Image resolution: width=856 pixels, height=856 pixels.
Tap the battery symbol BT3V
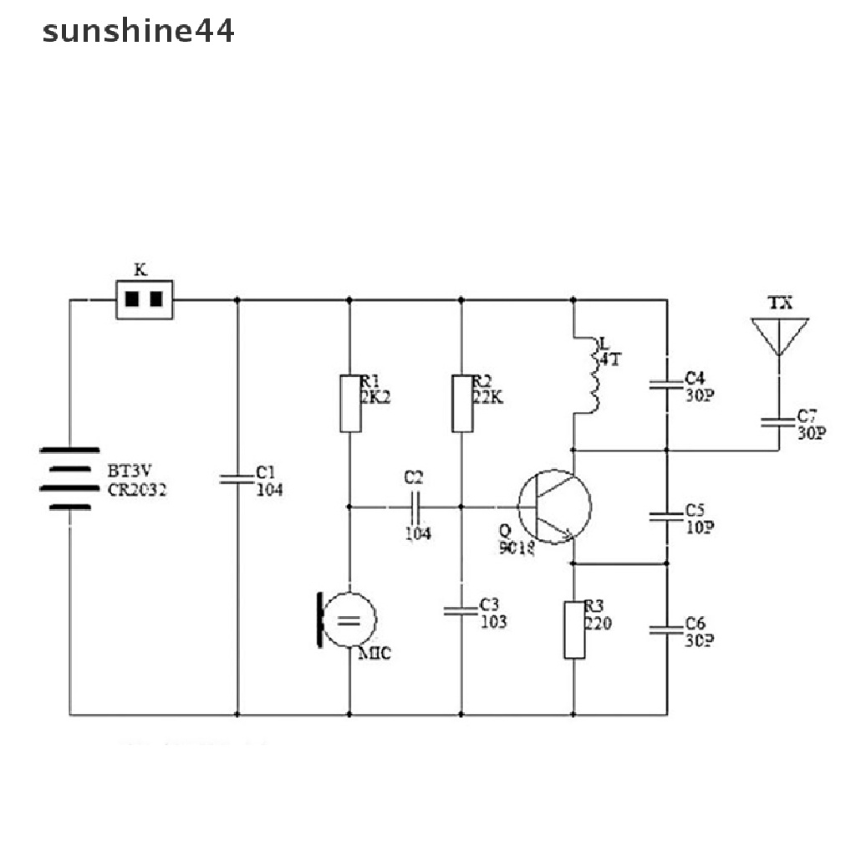[x=65, y=489]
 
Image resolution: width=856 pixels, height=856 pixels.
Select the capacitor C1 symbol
[x=237, y=479]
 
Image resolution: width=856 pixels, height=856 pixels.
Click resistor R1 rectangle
[x=349, y=404]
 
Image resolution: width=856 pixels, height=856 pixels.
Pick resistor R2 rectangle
[x=461, y=404]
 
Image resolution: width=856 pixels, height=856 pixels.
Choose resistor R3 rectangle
[x=574, y=629]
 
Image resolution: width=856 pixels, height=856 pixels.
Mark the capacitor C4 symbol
[x=667, y=385]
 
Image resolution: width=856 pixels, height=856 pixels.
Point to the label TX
[x=780, y=303]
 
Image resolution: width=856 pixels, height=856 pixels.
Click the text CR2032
[x=136, y=491]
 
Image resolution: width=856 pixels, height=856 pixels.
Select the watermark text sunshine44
[x=139, y=32]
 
